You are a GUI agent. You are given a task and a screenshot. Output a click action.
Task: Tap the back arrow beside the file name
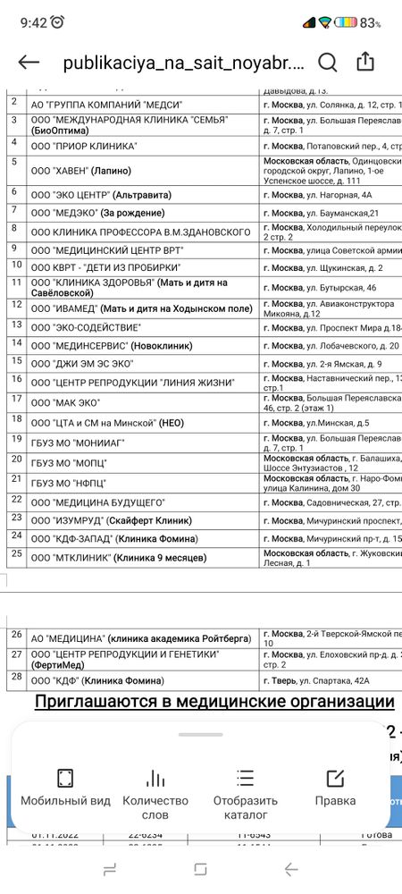[29, 62]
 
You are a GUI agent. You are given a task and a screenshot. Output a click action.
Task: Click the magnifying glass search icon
[328, 62]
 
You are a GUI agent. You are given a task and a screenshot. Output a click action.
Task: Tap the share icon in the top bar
[365, 62]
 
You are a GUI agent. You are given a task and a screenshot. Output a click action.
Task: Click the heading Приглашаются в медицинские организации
[214, 702]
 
